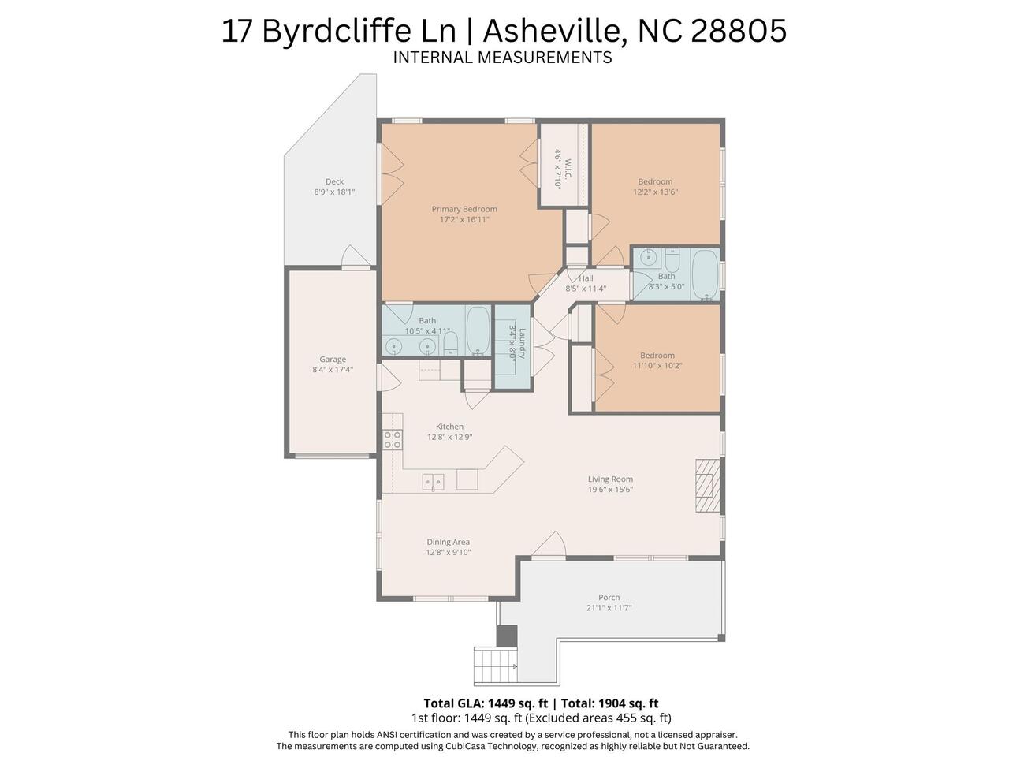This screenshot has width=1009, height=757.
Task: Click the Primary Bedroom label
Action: [464, 209]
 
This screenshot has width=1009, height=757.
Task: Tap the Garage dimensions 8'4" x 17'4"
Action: [333, 370]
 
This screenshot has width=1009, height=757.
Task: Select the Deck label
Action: [334, 181]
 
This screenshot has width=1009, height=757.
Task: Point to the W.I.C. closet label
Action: [568, 170]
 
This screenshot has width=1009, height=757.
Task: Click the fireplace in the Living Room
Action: [707, 485]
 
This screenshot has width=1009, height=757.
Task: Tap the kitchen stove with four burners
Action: [393, 439]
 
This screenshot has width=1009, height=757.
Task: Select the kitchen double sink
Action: [433, 482]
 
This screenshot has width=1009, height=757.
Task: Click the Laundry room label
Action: [522, 343]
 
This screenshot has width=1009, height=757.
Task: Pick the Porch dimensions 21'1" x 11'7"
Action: [609, 608]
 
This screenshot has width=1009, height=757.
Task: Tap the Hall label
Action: [586, 278]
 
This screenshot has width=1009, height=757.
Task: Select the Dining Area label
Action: [449, 542]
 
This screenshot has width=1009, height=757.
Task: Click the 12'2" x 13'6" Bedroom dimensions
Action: [655, 192]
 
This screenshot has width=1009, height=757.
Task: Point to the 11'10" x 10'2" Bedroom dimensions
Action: [657, 366]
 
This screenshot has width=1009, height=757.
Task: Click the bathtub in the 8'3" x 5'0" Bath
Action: [706, 275]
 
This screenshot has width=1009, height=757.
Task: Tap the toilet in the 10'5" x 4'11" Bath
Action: [450, 343]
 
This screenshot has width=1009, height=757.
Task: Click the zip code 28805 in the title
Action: [739, 32]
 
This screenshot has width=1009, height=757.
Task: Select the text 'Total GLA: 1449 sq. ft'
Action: [486, 703]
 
